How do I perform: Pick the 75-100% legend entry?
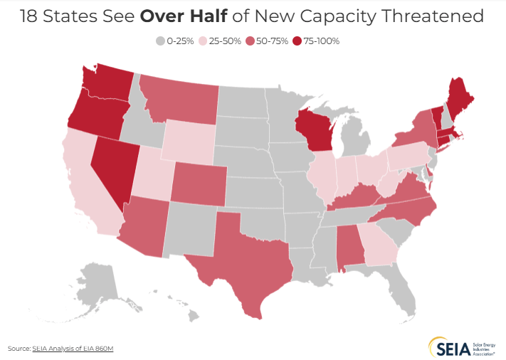coord(317,41)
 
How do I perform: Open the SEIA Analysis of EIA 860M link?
coord(72,349)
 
